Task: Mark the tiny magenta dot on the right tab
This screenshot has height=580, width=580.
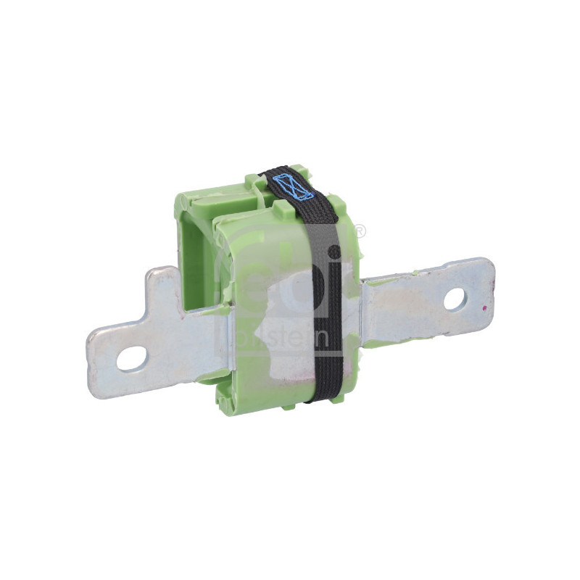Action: click(484, 307)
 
